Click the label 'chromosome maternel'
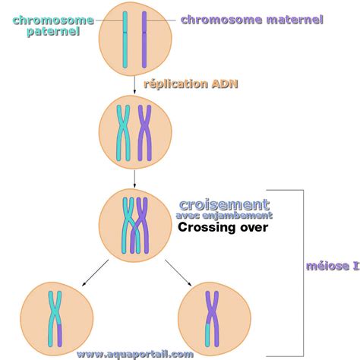tap(252, 20)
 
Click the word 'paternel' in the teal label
tap(53, 31)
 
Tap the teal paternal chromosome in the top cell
tap(125, 39)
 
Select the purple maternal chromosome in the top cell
tap(144, 39)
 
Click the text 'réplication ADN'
tap(191, 84)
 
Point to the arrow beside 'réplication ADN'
tap(134, 85)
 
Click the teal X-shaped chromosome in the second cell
tap(123, 133)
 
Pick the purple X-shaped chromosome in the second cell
tap(144, 133)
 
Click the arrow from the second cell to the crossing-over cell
tap(134, 178)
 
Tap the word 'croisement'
tap(224, 204)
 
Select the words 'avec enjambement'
tap(224, 216)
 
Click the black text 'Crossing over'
tap(223, 227)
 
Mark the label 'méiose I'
tap(333, 266)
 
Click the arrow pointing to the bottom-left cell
tap(95, 273)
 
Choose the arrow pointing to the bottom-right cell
tap(178, 273)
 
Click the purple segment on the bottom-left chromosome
tap(59, 335)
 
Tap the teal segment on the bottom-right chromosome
tap(207, 335)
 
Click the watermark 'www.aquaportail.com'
tap(135, 354)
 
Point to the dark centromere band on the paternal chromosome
tap(125, 33)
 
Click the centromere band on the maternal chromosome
tap(144, 33)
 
